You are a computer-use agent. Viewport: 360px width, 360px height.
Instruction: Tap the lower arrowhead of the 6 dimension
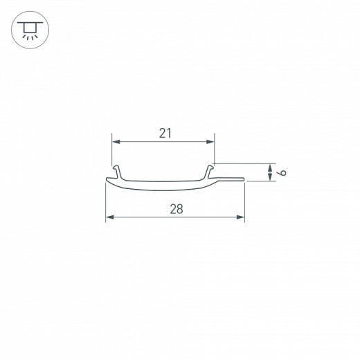click(269, 178)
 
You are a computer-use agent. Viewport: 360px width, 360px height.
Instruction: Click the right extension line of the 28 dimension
click(245, 201)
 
